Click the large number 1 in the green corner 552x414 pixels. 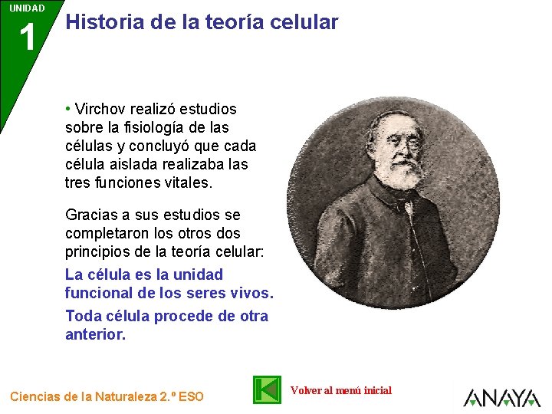point(28,38)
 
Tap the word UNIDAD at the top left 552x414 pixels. point(27,8)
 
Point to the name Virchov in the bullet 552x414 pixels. point(100,109)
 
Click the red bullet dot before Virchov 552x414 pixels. point(68,109)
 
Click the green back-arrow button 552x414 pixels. point(268,389)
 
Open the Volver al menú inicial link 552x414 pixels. point(340,390)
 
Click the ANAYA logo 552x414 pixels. point(501,397)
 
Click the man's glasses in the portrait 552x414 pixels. point(407,142)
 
